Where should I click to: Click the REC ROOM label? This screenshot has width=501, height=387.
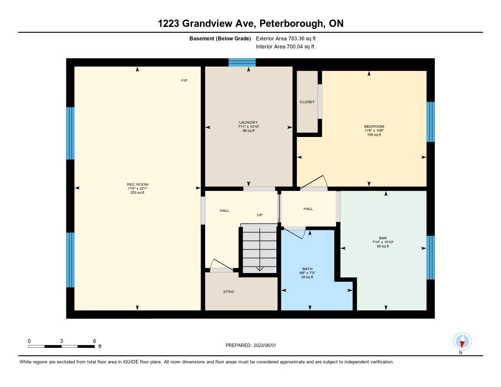(137, 184)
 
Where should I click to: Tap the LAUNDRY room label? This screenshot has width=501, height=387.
(248, 122)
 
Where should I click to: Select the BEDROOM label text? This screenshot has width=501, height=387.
(374, 127)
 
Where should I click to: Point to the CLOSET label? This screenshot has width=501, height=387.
(307, 102)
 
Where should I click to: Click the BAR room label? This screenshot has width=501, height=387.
(383, 238)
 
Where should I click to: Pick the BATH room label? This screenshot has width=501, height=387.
(307, 269)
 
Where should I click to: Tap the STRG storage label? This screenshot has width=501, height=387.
(228, 292)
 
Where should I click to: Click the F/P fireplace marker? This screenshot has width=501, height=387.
(184, 81)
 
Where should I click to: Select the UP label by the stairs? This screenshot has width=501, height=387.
(260, 215)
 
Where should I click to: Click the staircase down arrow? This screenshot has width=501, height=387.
(260, 249)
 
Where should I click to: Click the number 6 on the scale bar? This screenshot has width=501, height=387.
(94, 341)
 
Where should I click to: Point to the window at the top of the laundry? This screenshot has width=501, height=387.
(242, 62)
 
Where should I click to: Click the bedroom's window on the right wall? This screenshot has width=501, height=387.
(431, 122)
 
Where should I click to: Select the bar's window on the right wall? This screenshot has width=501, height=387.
(431, 257)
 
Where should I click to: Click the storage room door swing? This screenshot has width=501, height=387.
(221, 265)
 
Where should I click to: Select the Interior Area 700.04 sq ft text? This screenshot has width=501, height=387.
(285, 46)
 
